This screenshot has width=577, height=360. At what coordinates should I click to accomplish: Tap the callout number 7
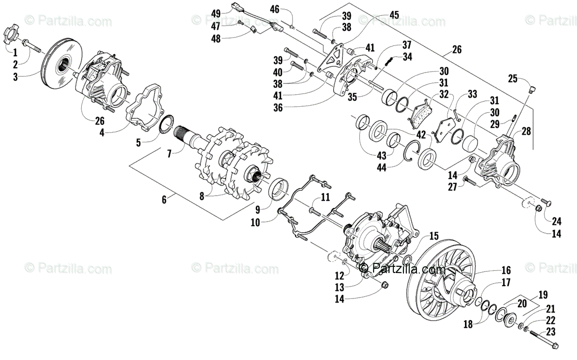(169, 154)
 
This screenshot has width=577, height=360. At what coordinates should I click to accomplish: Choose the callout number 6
(164, 199)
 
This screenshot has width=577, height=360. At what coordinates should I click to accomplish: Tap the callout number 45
(394, 15)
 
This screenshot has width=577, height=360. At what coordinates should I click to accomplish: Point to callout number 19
(542, 294)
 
